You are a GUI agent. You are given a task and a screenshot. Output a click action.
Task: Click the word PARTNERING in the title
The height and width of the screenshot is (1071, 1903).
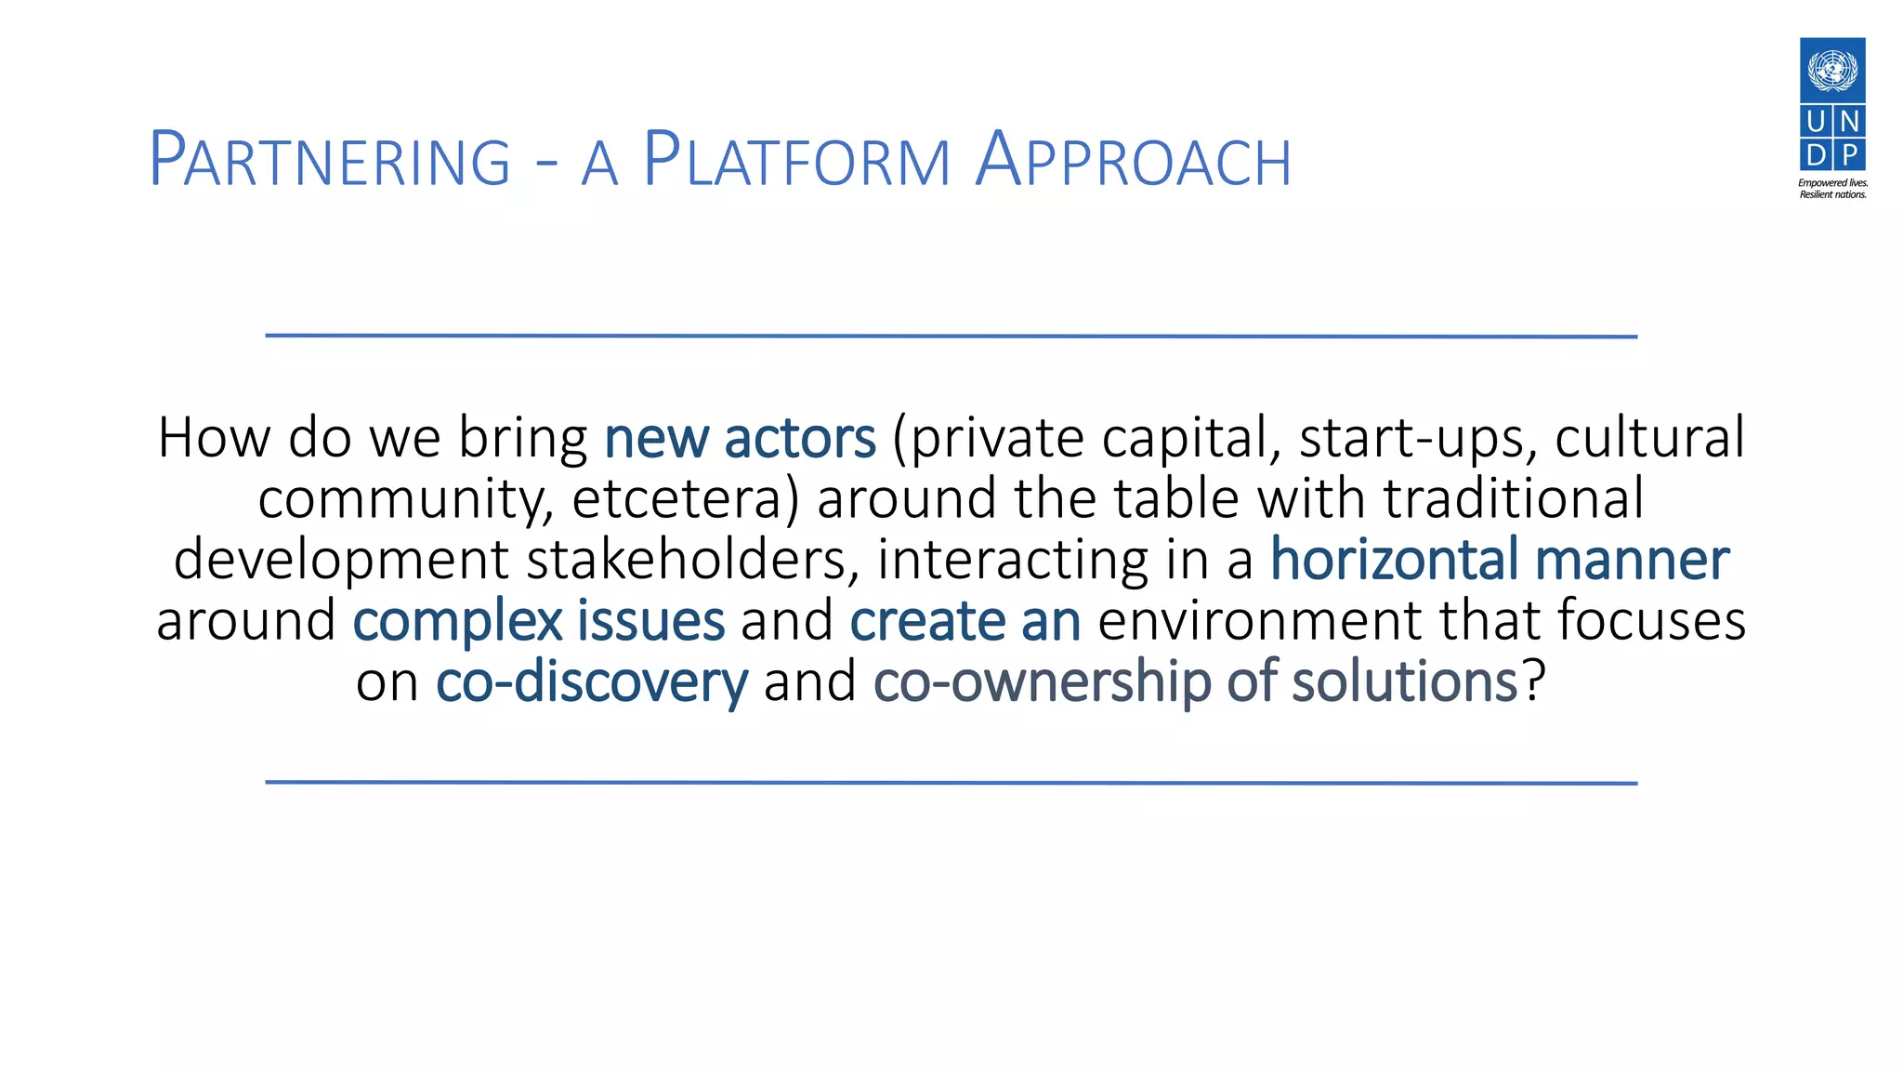coord(330,161)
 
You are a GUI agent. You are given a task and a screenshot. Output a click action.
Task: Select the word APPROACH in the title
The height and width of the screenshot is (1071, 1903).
coord(1134,161)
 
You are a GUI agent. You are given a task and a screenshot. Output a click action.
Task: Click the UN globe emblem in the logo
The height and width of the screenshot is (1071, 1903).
coord(1832,70)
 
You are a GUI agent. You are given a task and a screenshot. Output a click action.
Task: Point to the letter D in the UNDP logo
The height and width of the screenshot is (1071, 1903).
coord(1817,153)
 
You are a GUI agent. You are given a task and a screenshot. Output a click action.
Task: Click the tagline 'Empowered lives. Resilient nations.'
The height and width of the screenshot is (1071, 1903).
coord(1832,189)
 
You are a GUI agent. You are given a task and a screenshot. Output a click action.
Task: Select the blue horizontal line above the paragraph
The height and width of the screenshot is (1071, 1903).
coord(951,336)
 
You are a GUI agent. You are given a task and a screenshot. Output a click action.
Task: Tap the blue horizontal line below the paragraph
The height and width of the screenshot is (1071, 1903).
coord(951,783)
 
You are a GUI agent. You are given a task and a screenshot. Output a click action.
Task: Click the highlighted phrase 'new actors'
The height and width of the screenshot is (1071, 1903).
coord(740,438)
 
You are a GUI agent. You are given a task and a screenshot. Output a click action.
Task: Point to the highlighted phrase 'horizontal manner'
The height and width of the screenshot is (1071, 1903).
coord(1499,560)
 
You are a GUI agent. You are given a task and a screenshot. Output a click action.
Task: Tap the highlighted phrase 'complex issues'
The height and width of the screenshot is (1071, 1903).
coord(538,621)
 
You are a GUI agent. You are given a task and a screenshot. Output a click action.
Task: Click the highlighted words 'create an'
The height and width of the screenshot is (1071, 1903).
coord(965,621)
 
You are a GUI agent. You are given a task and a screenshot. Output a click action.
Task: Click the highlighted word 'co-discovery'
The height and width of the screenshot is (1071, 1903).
coord(591,682)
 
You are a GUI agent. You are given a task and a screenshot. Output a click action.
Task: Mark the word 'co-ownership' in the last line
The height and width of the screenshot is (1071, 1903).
coord(1042,682)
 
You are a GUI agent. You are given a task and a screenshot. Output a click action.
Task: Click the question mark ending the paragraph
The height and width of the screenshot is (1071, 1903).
coord(1534,682)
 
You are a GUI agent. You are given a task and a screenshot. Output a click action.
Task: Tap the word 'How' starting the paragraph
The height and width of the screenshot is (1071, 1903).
coord(213,438)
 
